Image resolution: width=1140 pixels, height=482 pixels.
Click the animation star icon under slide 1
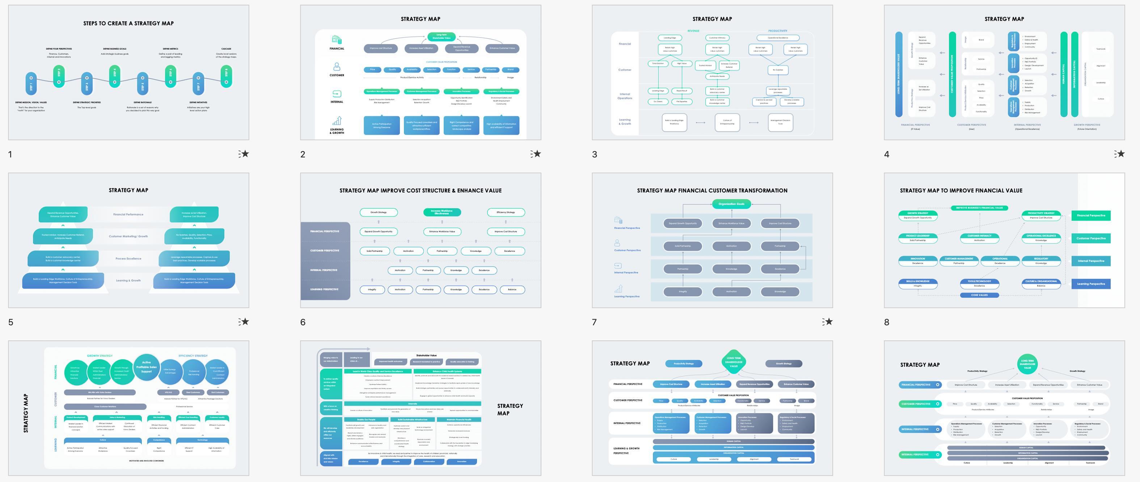(x=244, y=154)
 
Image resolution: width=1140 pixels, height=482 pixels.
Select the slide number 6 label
(x=303, y=322)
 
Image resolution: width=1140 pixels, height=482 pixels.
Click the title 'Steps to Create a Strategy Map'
(x=128, y=24)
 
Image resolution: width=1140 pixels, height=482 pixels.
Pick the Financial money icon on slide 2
(x=337, y=39)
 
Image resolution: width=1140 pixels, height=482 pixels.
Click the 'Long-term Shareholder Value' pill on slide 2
(x=441, y=36)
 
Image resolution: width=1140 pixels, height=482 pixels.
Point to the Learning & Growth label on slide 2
(x=337, y=131)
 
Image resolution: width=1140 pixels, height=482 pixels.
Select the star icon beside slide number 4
(x=1119, y=154)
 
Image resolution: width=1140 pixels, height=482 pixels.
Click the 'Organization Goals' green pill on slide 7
(x=731, y=204)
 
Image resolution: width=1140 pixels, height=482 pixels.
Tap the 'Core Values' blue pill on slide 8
(x=979, y=295)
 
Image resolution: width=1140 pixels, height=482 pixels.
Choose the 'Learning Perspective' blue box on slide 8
(x=1091, y=284)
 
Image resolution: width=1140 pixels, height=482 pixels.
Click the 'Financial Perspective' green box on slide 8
(x=1091, y=216)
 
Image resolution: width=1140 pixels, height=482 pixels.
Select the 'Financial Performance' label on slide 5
(x=128, y=214)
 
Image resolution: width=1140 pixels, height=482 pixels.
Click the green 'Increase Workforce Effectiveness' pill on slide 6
(x=442, y=212)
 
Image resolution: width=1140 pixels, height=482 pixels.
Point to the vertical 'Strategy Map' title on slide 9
(x=26, y=413)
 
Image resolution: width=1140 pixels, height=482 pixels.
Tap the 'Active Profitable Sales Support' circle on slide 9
(x=147, y=367)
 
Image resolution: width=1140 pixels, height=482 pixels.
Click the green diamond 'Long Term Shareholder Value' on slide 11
(x=733, y=362)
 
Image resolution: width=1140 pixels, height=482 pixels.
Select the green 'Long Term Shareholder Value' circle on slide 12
(x=1027, y=364)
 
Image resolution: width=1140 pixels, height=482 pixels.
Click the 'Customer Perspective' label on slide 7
(x=627, y=250)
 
